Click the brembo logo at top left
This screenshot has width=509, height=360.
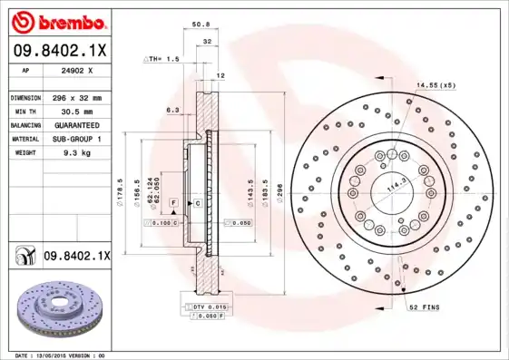(56, 19)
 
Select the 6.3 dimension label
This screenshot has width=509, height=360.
(171, 110)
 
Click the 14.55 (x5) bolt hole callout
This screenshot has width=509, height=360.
(435, 84)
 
